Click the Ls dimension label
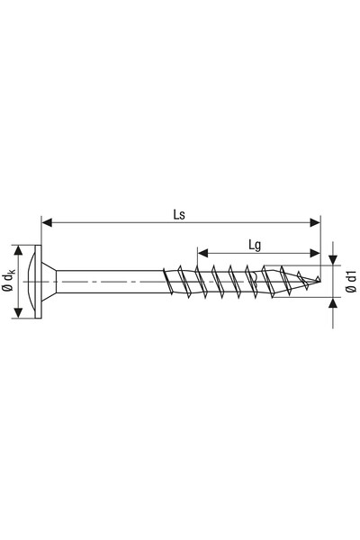[179, 214]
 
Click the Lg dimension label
[255, 246]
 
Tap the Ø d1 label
[351, 282]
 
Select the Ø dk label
[9, 282]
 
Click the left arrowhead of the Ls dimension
[47, 222]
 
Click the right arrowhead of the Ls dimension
[315, 222]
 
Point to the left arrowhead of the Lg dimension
[202, 254]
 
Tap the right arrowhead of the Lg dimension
[315, 254]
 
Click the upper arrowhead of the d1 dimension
[333, 260]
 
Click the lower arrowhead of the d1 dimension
[333, 302]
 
